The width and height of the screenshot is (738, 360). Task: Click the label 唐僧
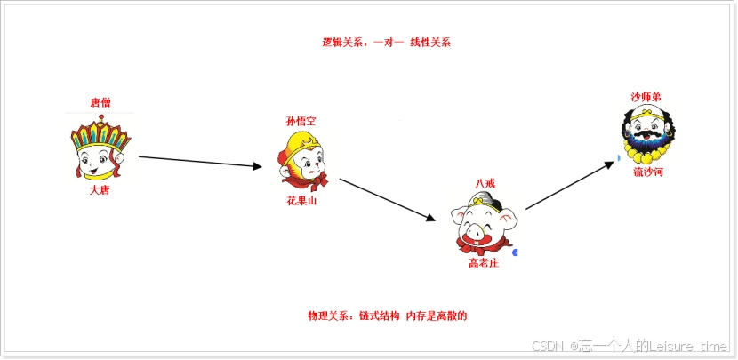point(100,103)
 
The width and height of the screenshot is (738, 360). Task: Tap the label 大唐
point(100,189)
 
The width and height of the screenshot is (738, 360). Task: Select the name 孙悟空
point(301,121)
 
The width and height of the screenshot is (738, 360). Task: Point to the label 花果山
point(301,202)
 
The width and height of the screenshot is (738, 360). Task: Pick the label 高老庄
point(484,263)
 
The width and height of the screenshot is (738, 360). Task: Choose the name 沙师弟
point(646,96)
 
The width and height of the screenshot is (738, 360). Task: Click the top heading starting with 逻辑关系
point(387,42)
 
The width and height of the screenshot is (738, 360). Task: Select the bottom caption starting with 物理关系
point(388,316)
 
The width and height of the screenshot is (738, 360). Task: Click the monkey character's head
point(302,161)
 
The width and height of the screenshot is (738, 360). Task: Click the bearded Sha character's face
point(646,133)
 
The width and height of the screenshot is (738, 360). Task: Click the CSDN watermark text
point(630,346)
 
